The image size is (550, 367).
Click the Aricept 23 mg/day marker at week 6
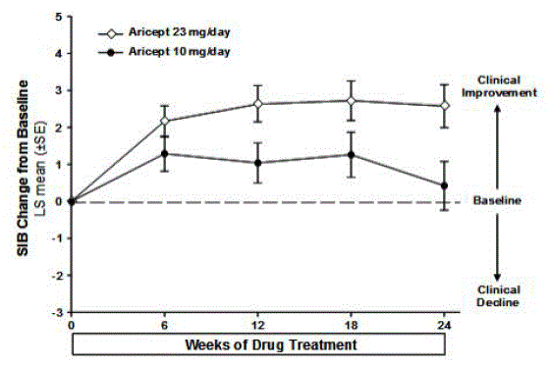coord(164,121)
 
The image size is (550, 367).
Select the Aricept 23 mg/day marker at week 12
coord(257,103)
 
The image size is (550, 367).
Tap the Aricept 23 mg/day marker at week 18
coord(351,100)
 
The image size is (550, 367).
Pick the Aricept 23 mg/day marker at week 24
coord(444,105)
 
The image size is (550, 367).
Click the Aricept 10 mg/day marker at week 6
coord(164,153)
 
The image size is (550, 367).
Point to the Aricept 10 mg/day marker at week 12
coord(257,163)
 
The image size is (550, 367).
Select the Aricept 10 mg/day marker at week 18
coord(351,154)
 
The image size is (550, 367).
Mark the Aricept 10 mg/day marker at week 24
coord(444,185)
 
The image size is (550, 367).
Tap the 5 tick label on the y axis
coord(59,17)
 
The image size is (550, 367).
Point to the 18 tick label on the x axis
coord(351,323)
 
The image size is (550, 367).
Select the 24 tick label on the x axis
coord(444,323)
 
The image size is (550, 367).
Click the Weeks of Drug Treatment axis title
coord(257,345)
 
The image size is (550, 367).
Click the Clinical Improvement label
coord(504,85)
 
